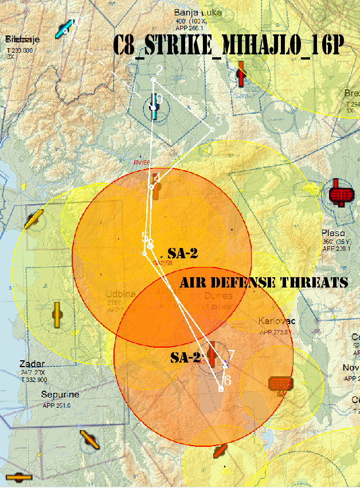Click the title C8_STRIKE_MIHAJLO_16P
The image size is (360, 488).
pos(228,45)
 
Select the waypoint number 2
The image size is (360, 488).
pos(159,70)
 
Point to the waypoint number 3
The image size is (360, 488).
pos(218,121)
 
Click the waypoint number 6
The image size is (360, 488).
pos(227,380)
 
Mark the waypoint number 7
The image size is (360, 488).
pos(231,355)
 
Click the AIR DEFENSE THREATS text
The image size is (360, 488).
pos(264,282)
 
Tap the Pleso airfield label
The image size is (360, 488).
pos(334,234)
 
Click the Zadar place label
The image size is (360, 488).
pos(32,364)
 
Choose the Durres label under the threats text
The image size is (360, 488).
pos(218,296)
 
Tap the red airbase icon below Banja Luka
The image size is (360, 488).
pos(241,73)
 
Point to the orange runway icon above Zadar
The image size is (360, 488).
pos(57,314)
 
